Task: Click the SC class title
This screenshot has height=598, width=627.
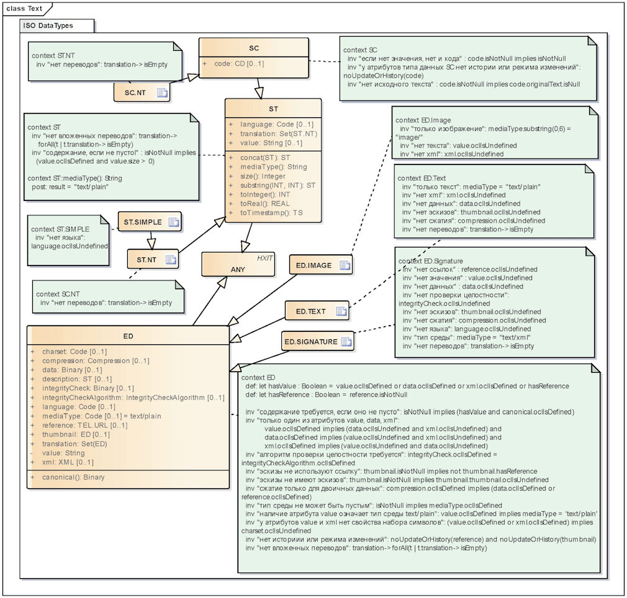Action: [x=254, y=48]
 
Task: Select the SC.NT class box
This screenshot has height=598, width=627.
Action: [x=142, y=92]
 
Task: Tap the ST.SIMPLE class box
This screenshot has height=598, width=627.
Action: [x=150, y=221]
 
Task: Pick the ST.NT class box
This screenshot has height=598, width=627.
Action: [x=153, y=260]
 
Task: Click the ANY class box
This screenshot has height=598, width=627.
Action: [x=238, y=264]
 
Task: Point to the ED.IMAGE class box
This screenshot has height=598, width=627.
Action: [x=321, y=265]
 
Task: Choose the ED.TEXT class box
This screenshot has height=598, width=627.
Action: [x=317, y=311]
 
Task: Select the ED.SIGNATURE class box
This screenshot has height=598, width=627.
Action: [x=318, y=342]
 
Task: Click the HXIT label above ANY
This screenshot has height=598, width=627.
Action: [x=264, y=258]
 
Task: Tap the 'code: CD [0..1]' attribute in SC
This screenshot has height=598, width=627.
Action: [x=239, y=63]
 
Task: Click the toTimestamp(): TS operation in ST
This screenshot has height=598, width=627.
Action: [x=271, y=213]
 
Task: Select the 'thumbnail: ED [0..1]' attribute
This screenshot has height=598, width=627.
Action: [x=76, y=435]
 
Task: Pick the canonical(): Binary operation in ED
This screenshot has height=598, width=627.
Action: [x=73, y=478]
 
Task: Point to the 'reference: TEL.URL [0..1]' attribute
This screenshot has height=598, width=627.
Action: [x=85, y=426]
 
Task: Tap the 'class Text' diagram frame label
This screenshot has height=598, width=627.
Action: [x=24, y=9]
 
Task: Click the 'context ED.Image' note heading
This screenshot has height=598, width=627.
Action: [x=423, y=120]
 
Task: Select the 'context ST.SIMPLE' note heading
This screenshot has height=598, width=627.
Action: [x=60, y=230]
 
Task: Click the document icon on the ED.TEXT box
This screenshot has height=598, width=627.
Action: [x=341, y=311]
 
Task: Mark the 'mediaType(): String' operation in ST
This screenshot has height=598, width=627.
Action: [x=274, y=167]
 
